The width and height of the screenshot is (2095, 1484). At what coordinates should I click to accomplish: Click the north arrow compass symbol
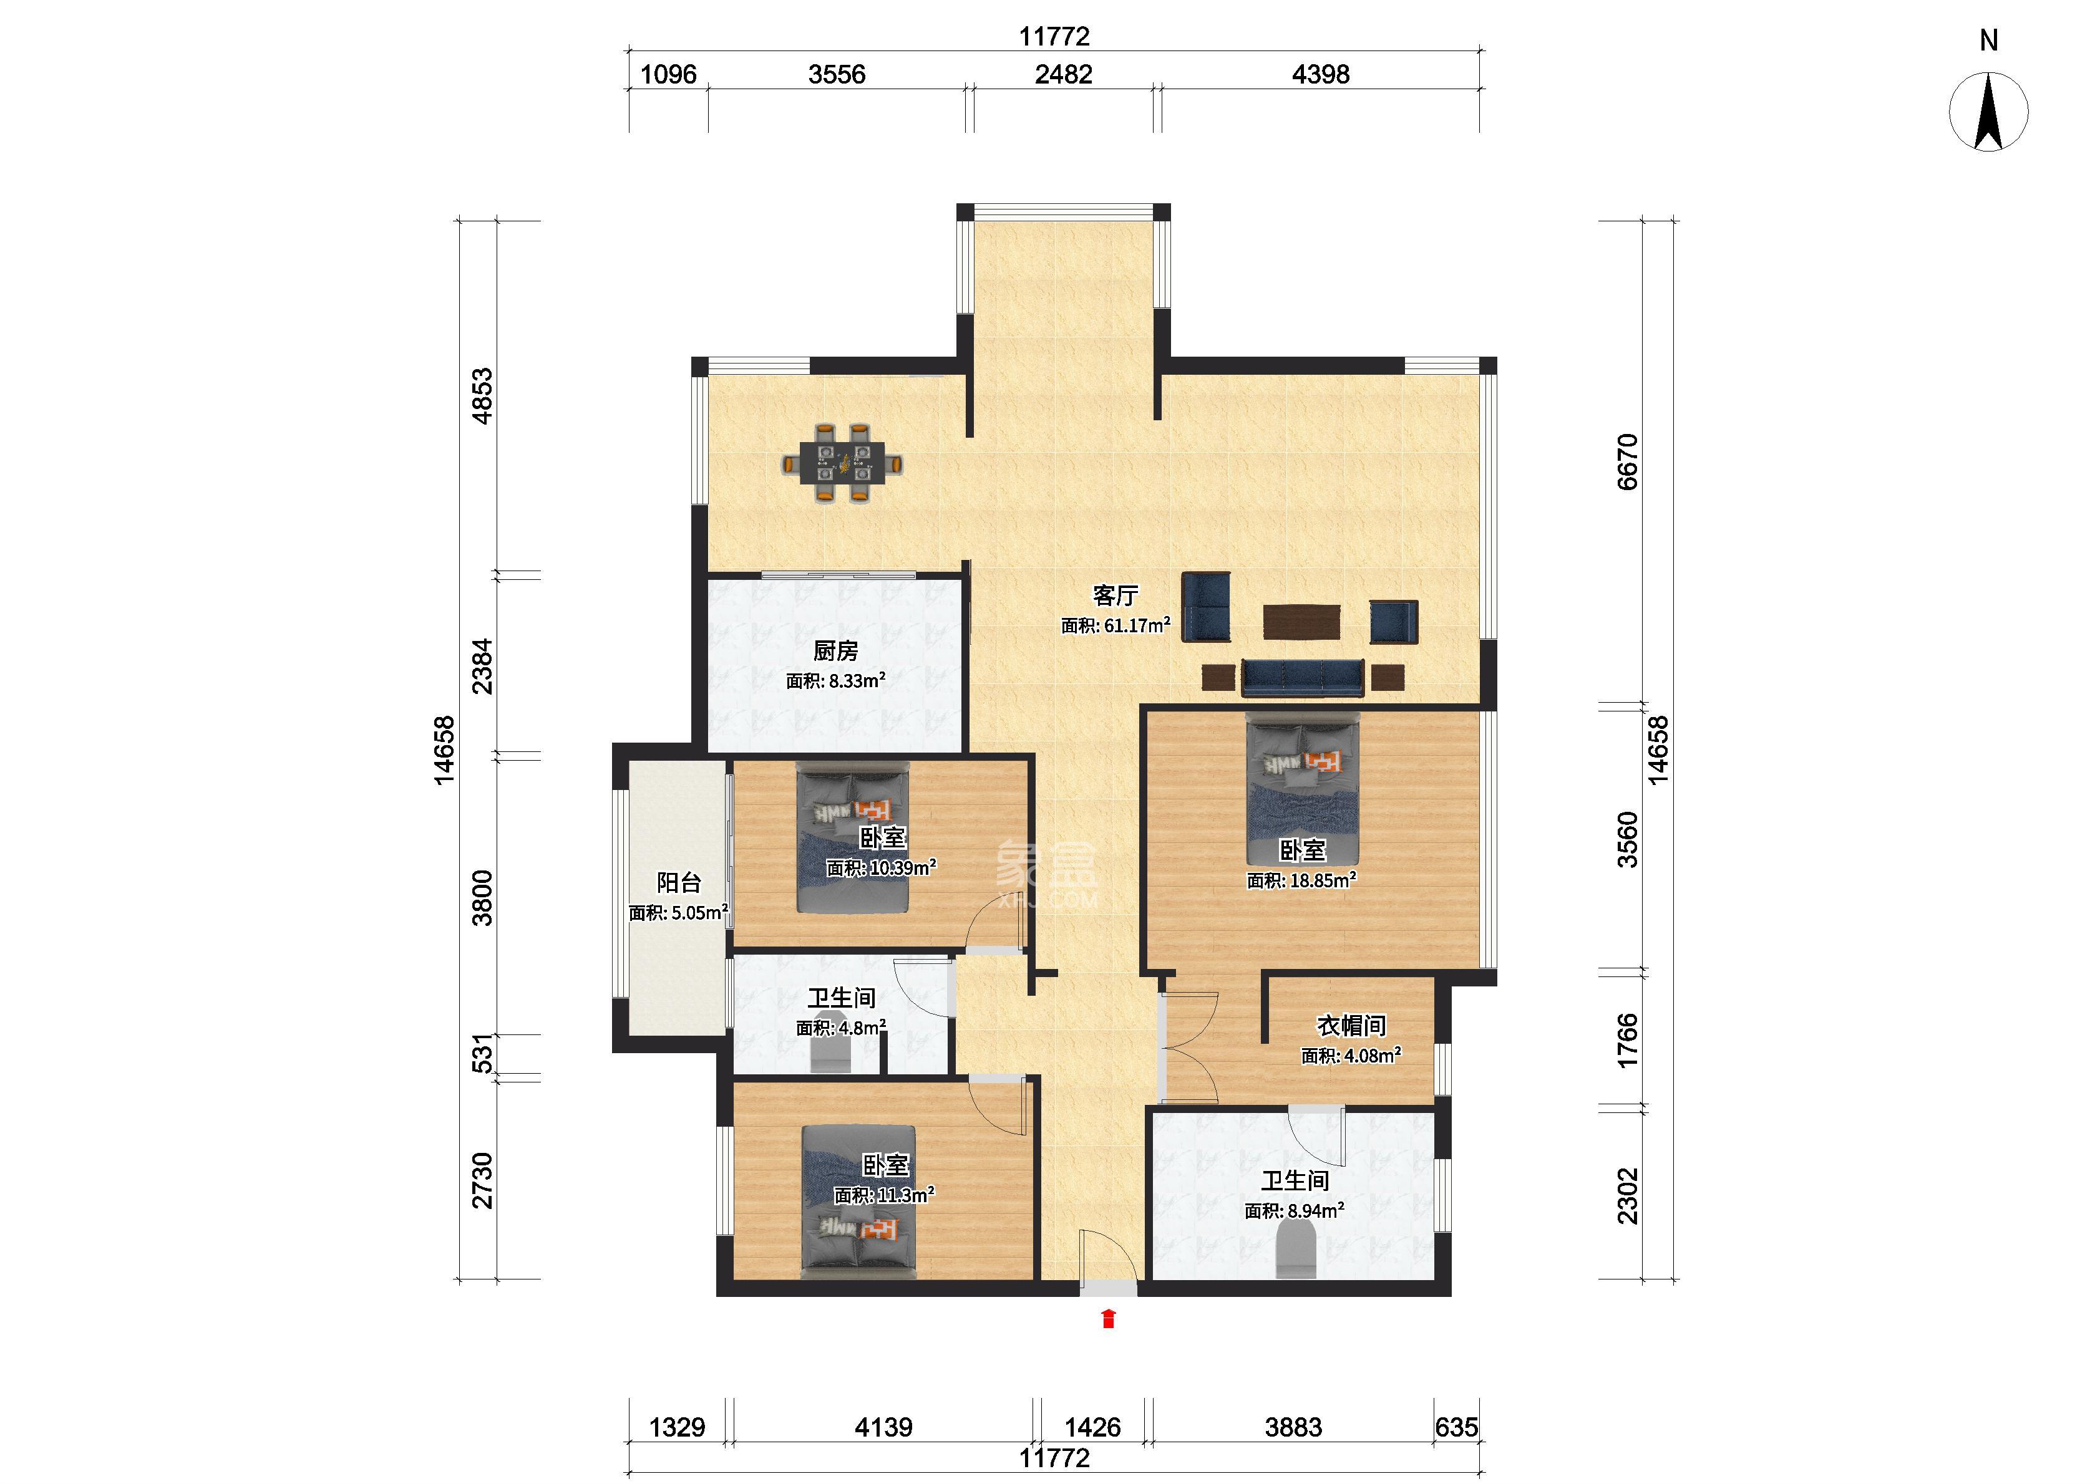(x=1988, y=112)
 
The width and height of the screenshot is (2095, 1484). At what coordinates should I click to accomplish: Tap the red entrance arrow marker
(x=1108, y=1319)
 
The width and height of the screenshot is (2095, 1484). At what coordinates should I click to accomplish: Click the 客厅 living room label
(x=1115, y=596)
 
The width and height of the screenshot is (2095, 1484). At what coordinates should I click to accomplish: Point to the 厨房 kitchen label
(x=835, y=650)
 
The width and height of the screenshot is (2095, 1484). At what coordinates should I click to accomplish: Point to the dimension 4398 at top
(x=1320, y=74)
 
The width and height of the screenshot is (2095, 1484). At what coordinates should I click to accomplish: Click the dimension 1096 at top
(x=668, y=74)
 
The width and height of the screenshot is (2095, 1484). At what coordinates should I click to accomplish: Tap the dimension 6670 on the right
(x=1627, y=463)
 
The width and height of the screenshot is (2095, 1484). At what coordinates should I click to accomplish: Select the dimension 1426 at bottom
(x=1092, y=1427)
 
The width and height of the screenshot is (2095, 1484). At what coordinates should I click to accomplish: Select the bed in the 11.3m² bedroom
(x=858, y=1201)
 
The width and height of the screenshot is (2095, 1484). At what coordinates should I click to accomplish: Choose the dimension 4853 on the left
(x=482, y=396)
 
